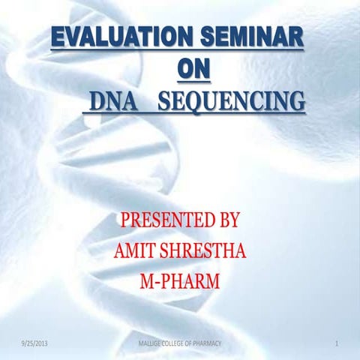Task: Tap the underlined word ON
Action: (x=193, y=69)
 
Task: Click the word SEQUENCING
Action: (x=233, y=100)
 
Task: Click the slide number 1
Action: (x=339, y=344)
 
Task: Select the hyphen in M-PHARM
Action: (x=157, y=283)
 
